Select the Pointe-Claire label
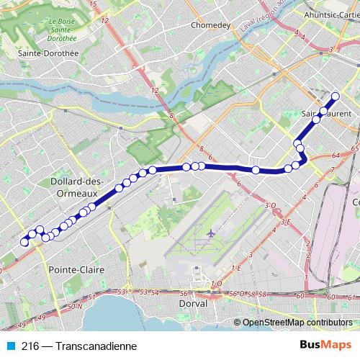coord(76,269)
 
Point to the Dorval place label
coord(193,303)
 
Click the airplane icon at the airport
coord(210,233)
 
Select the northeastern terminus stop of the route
coord(335,96)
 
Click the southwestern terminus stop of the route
coord(24,242)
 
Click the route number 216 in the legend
coord(30,345)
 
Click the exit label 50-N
coord(72,307)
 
